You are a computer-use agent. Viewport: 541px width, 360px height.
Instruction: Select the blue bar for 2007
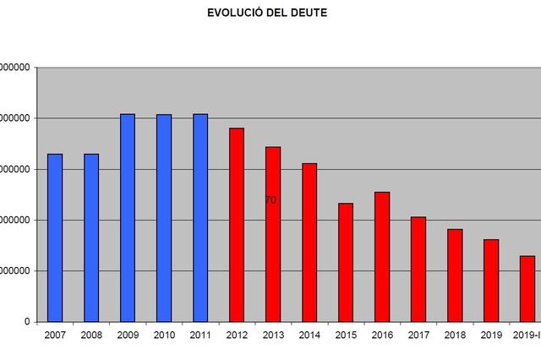click(x=55, y=237)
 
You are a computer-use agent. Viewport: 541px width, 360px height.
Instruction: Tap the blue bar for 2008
click(x=91, y=237)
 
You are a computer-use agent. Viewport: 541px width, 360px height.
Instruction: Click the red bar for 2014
click(x=309, y=243)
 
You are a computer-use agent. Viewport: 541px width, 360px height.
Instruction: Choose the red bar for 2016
click(x=382, y=257)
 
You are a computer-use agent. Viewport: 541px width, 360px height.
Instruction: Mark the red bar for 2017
click(x=418, y=270)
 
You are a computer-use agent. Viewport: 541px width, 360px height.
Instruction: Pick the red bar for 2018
click(x=455, y=275)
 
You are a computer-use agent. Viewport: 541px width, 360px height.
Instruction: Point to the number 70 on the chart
click(x=270, y=200)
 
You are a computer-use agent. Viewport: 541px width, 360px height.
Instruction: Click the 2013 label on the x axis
click(x=273, y=336)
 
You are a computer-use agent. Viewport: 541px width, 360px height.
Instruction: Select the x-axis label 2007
click(x=55, y=336)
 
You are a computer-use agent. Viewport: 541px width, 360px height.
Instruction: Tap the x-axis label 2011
click(x=200, y=336)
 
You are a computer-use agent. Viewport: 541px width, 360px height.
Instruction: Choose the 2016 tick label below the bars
click(x=382, y=336)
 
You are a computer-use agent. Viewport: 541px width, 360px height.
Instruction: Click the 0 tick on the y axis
click(x=27, y=322)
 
